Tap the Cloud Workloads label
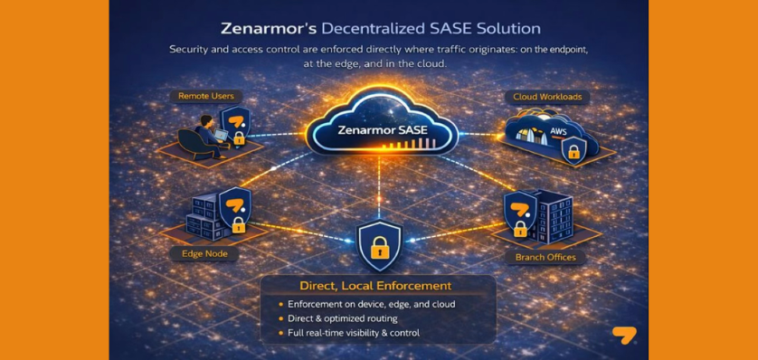coord(547,96)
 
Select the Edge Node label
coord(204,254)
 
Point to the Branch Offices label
coord(545,258)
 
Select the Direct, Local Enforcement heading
coord(378,286)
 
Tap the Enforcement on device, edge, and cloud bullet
coord(371,304)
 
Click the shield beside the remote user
coord(235,121)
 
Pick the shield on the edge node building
coord(235,203)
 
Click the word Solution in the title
coord(506,29)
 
